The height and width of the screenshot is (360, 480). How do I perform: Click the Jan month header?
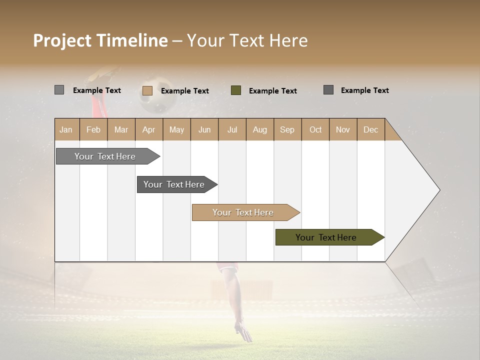66,129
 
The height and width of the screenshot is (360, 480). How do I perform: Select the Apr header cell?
149,129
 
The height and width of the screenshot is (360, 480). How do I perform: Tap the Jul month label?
232,129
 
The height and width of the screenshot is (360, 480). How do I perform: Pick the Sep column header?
287,129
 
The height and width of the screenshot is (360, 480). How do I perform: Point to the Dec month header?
370,129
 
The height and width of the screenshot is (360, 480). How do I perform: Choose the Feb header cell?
93,129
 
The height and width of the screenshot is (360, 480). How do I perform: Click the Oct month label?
315,129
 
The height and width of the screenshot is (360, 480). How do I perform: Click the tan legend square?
147,90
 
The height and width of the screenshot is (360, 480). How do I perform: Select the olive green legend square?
236,90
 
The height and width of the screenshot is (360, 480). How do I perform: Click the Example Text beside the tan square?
185,91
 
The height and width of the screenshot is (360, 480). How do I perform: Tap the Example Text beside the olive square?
273,91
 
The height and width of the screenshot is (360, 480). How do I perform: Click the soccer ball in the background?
158,94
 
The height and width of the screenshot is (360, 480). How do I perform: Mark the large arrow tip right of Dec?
420,190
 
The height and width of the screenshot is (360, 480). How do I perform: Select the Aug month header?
260,129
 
